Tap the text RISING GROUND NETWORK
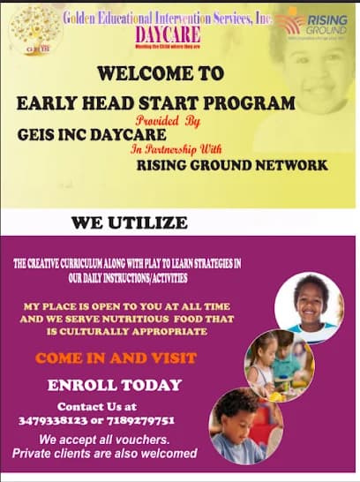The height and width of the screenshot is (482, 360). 232,165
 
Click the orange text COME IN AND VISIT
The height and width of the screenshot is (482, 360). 116,358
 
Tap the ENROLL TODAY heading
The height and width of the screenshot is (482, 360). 115,385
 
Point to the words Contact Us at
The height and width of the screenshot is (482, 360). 98,407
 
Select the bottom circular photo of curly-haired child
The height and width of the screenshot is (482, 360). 245,425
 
